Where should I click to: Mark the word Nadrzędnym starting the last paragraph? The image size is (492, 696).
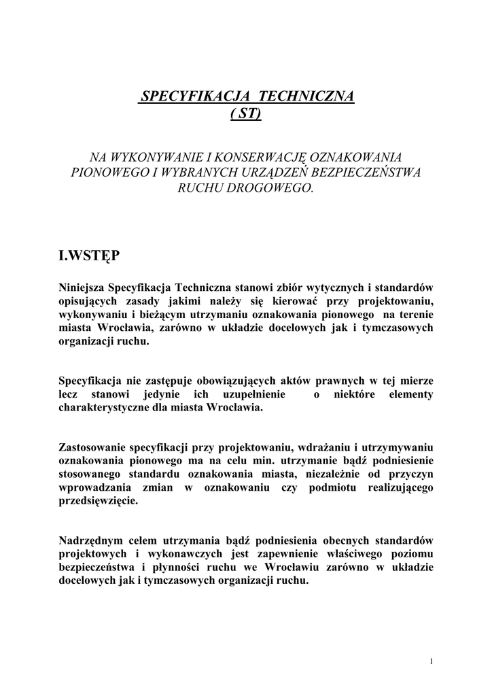92,541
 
